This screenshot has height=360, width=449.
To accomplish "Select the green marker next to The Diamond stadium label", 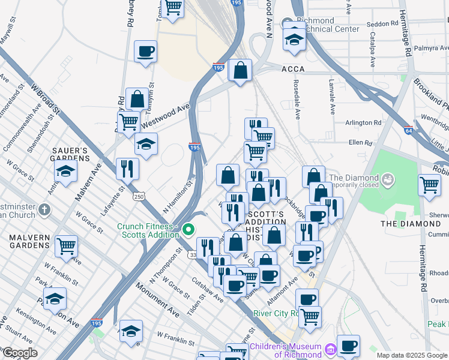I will click(x=388, y=179).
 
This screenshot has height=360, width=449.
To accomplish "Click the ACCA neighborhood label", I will click(x=293, y=69).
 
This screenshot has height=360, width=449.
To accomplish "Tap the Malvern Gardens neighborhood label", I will click(x=29, y=241).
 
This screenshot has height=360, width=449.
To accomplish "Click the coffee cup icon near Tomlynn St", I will click(x=145, y=52).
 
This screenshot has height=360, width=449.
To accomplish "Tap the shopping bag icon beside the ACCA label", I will click(x=240, y=71).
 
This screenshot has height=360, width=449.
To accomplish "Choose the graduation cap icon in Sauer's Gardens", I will click(x=65, y=171).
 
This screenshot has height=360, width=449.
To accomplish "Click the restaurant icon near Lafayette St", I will click(x=127, y=168).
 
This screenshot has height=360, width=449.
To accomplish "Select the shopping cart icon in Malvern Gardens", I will click(x=66, y=245).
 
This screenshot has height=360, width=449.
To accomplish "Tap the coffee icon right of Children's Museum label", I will click(x=348, y=346).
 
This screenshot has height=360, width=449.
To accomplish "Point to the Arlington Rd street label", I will click(x=363, y=122).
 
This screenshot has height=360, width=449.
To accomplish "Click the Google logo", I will click(x=20, y=353).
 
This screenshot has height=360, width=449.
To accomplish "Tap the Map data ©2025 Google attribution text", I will click(x=411, y=355).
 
